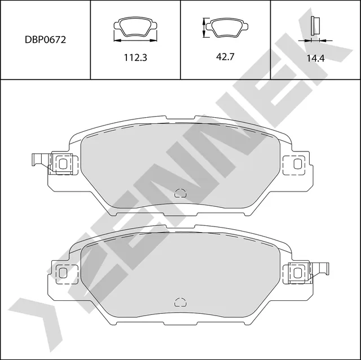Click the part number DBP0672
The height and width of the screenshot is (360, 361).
[x=45, y=41]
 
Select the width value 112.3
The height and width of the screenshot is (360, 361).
[x=135, y=57]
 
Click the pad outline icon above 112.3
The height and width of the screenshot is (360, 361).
[x=135, y=27]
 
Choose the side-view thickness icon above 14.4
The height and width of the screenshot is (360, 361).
[x=316, y=26]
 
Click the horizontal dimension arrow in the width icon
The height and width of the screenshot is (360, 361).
[x=135, y=40]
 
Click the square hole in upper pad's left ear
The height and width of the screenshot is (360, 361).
[x=63, y=164]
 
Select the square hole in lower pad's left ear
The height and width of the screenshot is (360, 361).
[x=63, y=273]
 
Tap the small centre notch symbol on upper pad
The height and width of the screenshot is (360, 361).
[x=180, y=193]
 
